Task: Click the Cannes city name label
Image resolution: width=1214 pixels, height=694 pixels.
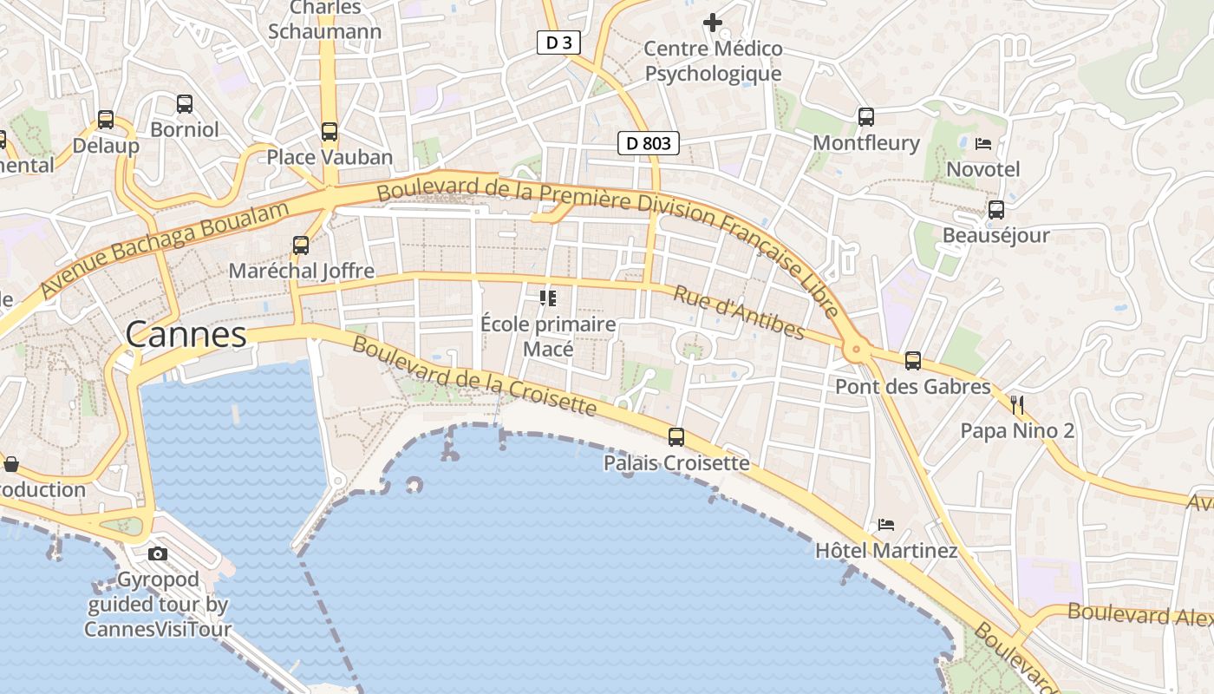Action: click(x=186, y=334)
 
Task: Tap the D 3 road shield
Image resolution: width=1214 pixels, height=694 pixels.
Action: click(x=558, y=43)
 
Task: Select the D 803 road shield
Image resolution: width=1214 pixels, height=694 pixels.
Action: click(x=648, y=143)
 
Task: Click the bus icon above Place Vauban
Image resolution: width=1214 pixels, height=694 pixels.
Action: click(x=330, y=132)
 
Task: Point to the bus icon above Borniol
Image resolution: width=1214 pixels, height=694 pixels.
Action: click(x=185, y=104)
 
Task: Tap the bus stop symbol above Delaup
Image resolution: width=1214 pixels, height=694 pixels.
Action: click(x=106, y=120)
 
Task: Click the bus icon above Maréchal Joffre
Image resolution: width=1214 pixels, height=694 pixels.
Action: click(x=301, y=246)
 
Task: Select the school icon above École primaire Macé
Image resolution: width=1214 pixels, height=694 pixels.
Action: click(x=548, y=299)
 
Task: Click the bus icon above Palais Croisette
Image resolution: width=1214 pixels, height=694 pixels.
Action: click(x=676, y=437)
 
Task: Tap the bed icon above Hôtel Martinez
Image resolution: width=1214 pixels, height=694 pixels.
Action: click(x=886, y=525)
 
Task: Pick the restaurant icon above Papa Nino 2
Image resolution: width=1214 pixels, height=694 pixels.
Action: click(x=1017, y=404)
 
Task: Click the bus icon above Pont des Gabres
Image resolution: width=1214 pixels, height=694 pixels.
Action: click(x=912, y=361)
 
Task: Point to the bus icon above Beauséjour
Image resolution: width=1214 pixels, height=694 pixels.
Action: click(x=996, y=209)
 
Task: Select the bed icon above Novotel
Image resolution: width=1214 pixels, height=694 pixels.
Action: click(x=983, y=143)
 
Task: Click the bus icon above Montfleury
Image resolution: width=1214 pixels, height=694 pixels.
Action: click(x=865, y=117)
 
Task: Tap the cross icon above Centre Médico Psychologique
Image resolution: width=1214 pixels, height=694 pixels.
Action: click(x=713, y=23)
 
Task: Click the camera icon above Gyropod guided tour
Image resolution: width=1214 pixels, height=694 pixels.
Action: click(x=158, y=553)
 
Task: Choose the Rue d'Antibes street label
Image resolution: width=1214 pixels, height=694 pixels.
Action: click(x=738, y=313)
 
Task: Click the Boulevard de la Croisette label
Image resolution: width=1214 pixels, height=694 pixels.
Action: click(x=474, y=375)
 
